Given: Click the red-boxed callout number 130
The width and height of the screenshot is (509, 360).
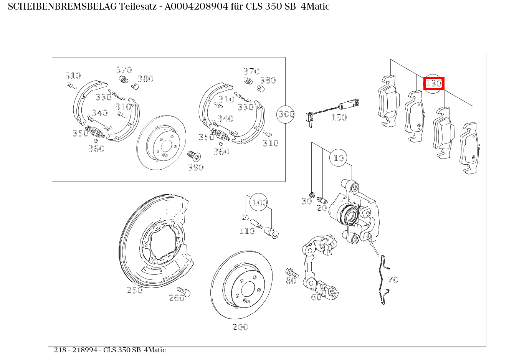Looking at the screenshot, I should (434, 83).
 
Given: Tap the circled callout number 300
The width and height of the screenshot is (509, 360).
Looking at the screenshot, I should (286, 114).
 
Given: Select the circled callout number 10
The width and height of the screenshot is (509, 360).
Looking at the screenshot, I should (339, 158).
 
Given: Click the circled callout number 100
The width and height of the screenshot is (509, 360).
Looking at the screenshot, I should (259, 202).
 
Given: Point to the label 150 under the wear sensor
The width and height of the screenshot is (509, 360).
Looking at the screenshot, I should (339, 118).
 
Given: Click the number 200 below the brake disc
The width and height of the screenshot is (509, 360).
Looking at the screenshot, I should (240, 327).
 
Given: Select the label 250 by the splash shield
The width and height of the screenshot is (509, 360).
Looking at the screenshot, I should (135, 290).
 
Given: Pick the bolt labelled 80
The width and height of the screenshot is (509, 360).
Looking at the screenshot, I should (291, 272).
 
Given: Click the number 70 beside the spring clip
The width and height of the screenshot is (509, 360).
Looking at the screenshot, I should (393, 280).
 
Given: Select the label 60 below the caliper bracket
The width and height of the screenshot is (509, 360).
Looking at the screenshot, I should (316, 297).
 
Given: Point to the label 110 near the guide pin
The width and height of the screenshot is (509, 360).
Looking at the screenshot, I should (247, 231).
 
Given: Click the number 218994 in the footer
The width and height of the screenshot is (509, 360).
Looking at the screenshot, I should (87, 350).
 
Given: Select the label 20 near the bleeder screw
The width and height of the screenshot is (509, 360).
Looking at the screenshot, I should (322, 208).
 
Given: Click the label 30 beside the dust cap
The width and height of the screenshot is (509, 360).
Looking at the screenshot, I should (307, 201).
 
